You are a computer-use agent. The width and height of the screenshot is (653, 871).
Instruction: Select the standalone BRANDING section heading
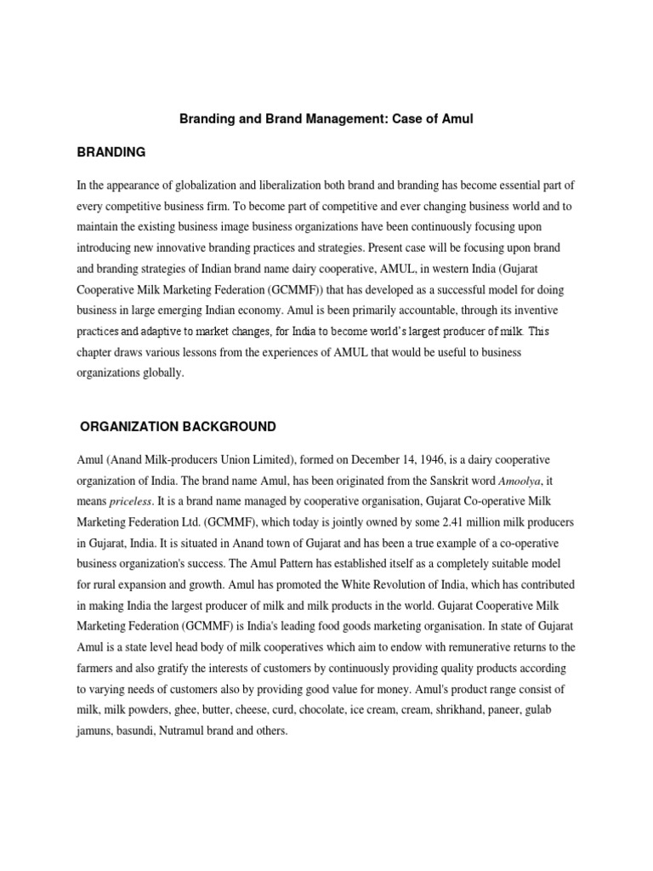tap(111, 152)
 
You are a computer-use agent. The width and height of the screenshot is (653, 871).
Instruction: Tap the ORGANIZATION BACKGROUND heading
tap(178, 426)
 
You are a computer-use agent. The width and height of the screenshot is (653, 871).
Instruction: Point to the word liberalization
tap(301, 185)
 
